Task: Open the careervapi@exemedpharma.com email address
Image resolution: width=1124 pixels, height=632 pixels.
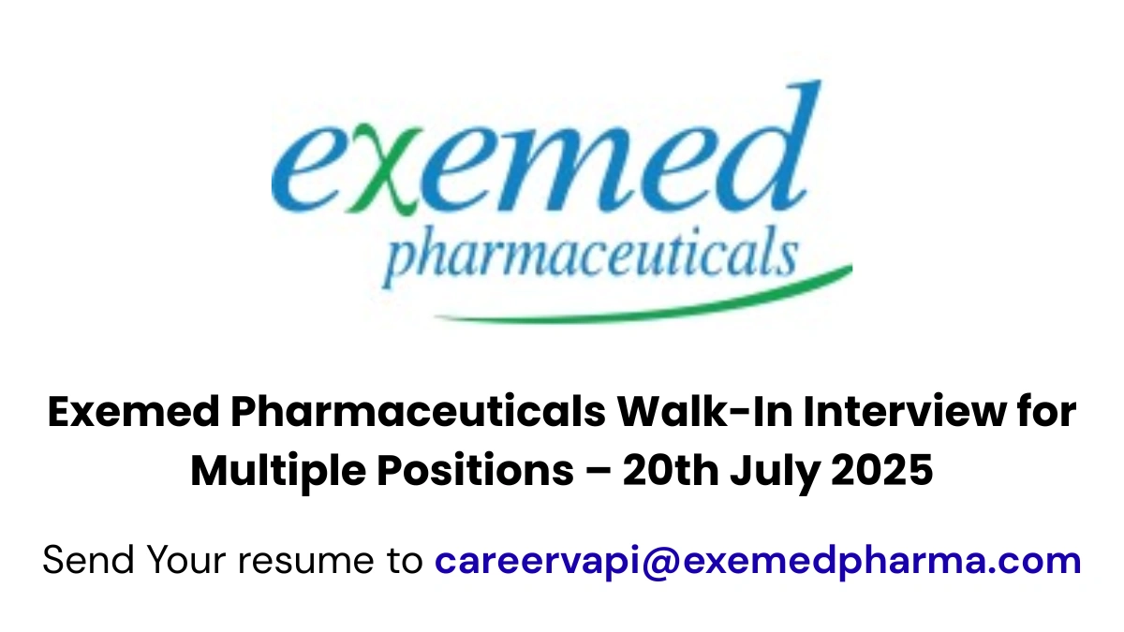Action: click(x=758, y=561)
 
